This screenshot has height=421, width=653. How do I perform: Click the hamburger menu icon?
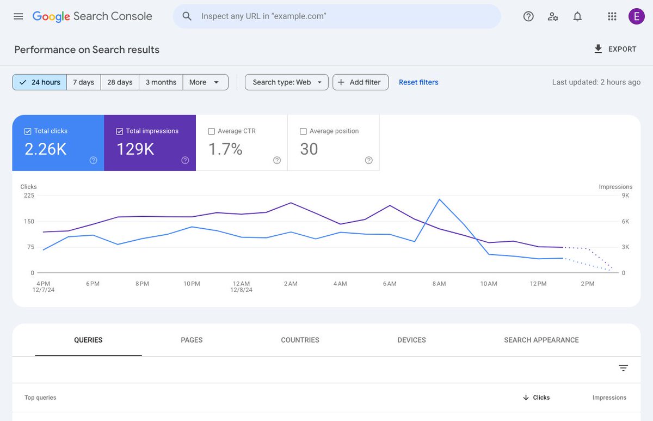coord(19,16)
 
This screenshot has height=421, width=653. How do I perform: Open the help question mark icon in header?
coord(528,16)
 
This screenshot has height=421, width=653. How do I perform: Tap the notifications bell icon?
coord(577,16)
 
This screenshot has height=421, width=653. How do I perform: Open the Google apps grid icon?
coord(612,16)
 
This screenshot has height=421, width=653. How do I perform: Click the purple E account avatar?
coord(636,16)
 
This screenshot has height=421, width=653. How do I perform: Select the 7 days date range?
coord(84,82)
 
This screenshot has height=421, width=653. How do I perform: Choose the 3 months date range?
coord(161,82)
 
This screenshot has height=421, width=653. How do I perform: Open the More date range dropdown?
coord(205,82)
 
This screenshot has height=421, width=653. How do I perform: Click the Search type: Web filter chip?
coord(287,82)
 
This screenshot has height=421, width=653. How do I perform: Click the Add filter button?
coord(360,82)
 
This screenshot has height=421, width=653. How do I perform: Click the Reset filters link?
coord(418,82)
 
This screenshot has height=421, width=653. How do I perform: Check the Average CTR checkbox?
coord(212,131)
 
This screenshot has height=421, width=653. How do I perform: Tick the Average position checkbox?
coord(304,131)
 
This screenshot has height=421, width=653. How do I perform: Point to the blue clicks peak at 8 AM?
coord(439,199)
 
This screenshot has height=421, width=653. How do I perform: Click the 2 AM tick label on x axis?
coord(290,284)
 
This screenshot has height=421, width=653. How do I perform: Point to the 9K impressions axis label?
coord(625,196)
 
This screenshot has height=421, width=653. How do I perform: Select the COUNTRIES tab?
coord(300,340)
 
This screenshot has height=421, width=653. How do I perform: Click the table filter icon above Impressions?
coord(623,368)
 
